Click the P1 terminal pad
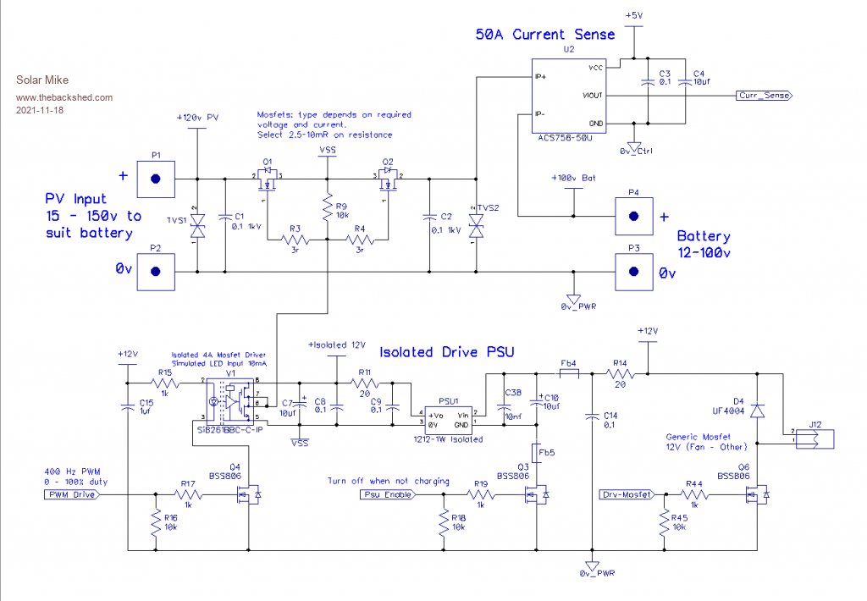point(156,179)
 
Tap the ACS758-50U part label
point(564,138)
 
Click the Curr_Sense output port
point(764,96)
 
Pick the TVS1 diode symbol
point(197,226)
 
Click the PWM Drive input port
point(71,494)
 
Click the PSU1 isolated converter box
point(449,420)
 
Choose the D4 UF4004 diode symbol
point(757,411)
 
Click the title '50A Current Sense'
point(544,35)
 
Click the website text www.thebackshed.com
point(64,97)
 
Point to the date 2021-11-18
point(40,111)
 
